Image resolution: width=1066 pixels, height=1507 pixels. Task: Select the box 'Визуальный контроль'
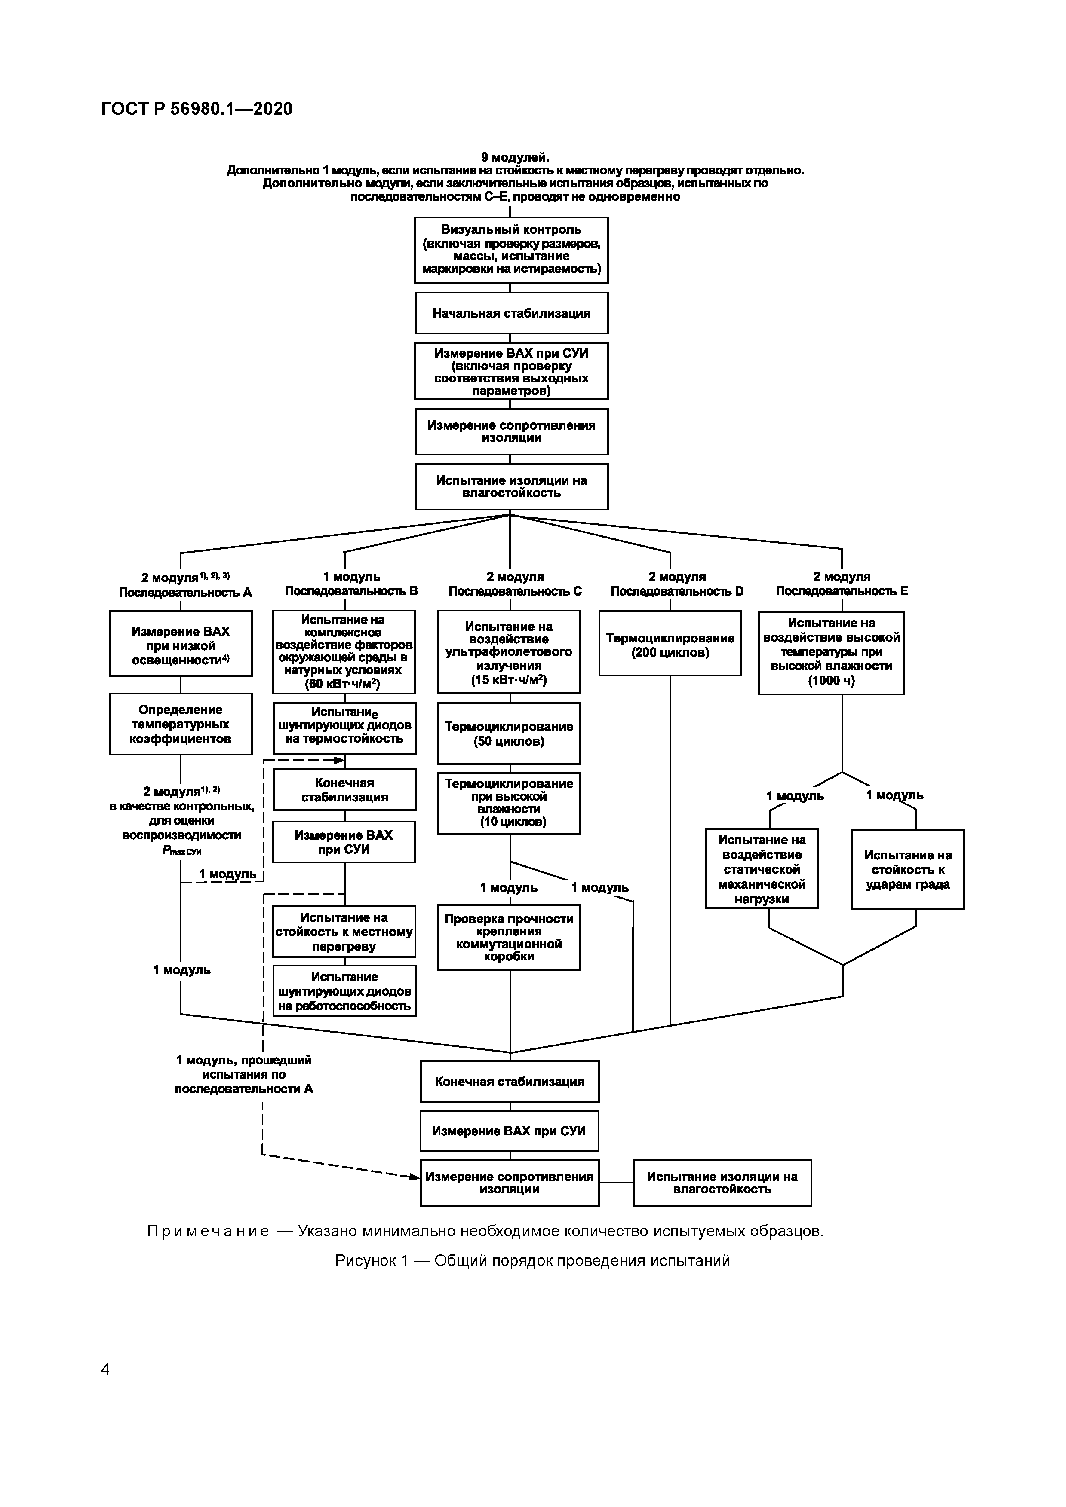click(511, 250)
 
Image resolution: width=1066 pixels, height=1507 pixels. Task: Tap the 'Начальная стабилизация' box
click(511, 313)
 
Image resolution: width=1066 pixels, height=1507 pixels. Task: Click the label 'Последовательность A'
click(185, 593)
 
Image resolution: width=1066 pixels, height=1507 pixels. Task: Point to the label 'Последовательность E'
click(842, 591)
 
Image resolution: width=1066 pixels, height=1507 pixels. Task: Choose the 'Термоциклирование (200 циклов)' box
click(670, 643)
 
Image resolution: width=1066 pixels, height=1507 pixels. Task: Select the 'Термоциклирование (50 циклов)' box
click(509, 733)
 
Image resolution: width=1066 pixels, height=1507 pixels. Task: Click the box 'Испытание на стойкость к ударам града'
click(908, 869)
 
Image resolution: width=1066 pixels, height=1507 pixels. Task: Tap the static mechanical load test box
click(762, 868)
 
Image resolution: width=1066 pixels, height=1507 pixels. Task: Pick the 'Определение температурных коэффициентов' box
click(181, 724)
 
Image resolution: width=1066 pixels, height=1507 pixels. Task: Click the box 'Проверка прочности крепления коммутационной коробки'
click(509, 937)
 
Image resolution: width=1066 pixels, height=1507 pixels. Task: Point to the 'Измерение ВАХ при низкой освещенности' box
click(181, 643)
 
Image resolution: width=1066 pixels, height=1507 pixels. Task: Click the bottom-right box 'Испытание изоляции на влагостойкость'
click(722, 1183)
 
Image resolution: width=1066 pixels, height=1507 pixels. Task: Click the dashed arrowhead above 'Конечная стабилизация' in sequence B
click(339, 761)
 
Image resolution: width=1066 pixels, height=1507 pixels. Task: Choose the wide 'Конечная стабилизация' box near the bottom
click(510, 1081)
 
